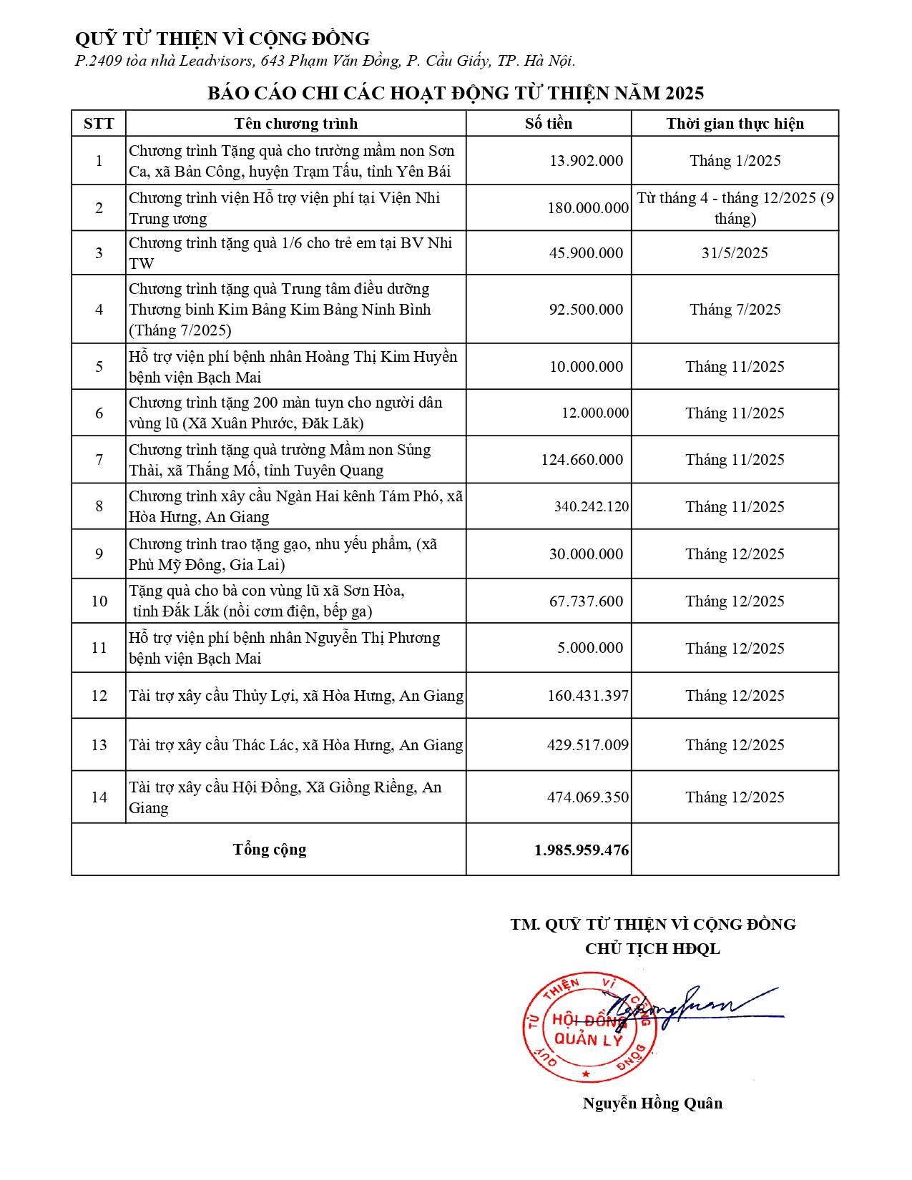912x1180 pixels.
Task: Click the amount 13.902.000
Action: tap(586, 161)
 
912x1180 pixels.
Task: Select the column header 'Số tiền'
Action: tap(549, 124)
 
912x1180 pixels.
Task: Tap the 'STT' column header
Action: tap(99, 124)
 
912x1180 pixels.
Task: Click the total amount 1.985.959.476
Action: tap(581, 850)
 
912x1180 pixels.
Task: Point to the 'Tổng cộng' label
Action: tap(269, 849)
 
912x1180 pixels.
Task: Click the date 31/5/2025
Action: tap(735, 253)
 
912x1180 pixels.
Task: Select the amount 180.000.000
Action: tap(588, 208)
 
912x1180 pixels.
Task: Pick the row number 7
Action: tap(99, 459)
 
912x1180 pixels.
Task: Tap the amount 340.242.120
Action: tap(592, 506)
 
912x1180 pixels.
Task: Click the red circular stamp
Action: tap(589, 1027)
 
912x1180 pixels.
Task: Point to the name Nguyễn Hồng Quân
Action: tap(652, 1103)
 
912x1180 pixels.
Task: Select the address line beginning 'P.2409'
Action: tap(325, 61)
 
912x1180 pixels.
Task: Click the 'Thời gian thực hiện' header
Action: tap(735, 124)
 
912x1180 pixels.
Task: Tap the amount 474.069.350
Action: tap(588, 797)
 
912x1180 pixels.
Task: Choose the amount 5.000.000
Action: tap(590, 648)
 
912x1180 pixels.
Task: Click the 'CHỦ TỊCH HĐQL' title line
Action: tap(652, 948)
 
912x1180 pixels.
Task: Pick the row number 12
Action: tap(99, 695)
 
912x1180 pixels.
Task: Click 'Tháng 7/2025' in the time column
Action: tap(735, 310)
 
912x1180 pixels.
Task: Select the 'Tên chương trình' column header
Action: tap(295, 124)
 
